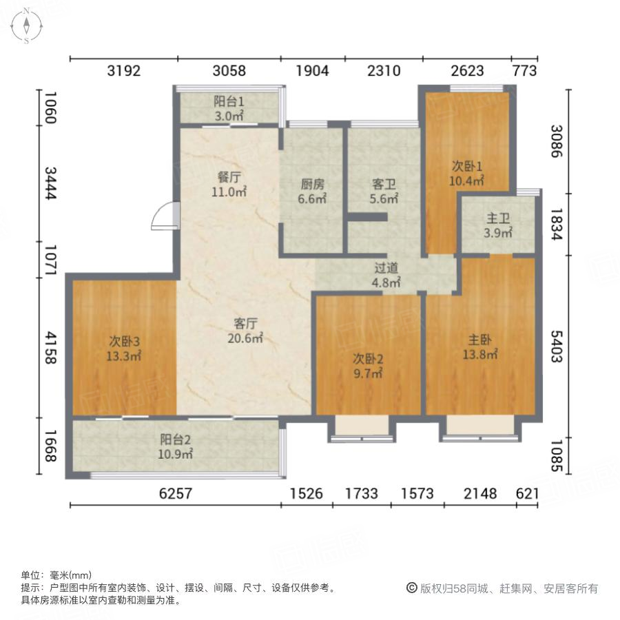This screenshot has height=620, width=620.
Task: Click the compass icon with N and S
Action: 26,25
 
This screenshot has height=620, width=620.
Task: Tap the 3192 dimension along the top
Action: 124,70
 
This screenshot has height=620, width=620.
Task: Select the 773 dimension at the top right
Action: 524,70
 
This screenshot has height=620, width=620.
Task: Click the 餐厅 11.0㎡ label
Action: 229,185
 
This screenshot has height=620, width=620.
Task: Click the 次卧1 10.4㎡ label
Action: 467,173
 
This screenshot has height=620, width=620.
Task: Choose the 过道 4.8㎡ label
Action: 386,275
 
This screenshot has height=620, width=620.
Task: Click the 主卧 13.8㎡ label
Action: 479,347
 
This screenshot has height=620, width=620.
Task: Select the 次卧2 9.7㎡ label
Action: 368,365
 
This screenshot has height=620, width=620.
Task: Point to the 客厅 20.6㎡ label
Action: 246,330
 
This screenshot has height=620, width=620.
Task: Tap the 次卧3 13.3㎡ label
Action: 125,348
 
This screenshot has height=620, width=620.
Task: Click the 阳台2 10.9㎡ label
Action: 176,446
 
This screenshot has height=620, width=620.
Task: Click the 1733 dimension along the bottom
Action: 362,493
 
